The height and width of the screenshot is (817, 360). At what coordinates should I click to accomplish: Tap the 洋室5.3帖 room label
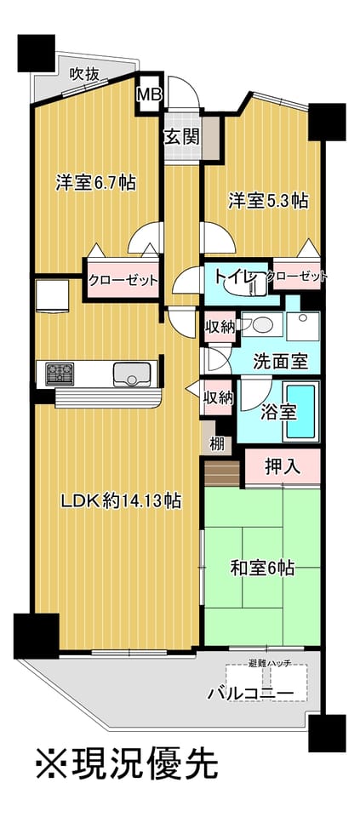pos(267,201)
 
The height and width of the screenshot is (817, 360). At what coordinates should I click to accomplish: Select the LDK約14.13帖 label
pos(120,501)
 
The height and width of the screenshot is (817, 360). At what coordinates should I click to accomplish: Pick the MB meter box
pos(150,93)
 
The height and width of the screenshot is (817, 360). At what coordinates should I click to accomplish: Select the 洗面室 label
pos(281,361)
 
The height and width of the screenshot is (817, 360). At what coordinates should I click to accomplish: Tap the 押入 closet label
pos(282,466)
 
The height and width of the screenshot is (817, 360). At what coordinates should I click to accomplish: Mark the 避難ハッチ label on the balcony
pos(271,663)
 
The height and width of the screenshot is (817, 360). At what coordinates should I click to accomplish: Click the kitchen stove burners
pos(60,374)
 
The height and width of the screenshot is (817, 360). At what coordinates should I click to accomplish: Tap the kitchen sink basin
pos(132,374)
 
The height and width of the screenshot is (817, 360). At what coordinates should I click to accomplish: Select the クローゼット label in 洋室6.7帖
pos(123,280)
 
